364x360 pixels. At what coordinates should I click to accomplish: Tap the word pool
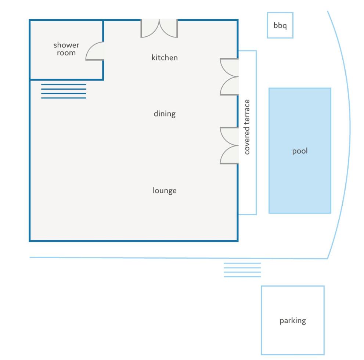coord(300,151)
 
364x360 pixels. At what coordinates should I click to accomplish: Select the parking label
coord(292,321)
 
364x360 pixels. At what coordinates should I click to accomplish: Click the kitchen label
coord(165,58)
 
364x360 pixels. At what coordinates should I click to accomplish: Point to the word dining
coord(165,114)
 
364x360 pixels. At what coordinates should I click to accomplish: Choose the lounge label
coord(165,191)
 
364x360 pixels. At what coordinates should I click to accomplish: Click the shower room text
coord(66,49)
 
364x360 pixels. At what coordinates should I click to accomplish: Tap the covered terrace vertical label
coord(247,127)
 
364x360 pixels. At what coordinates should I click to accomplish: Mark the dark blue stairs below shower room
coord(64,91)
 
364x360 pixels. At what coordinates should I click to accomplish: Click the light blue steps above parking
coord(242,270)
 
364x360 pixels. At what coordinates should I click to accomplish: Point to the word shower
coord(66,45)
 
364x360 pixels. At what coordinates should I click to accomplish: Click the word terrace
coord(247,111)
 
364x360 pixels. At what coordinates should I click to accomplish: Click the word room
coord(66,53)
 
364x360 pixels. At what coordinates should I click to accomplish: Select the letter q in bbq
coord(285,26)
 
